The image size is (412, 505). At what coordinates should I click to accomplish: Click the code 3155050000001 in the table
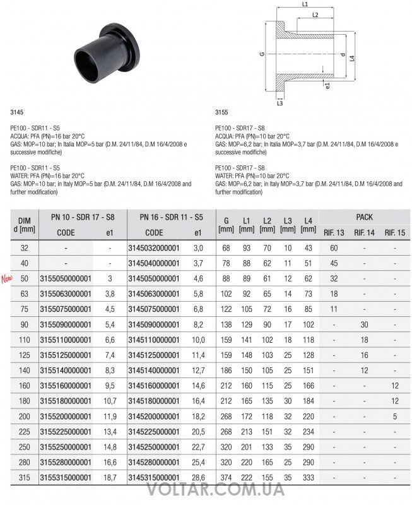point(66,278)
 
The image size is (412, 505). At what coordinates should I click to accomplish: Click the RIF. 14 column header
point(364,233)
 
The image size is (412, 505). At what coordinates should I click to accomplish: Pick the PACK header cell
point(364,217)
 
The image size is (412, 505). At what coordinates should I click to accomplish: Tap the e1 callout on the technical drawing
point(327,84)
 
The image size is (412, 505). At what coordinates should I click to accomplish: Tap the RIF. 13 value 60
point(334,248)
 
